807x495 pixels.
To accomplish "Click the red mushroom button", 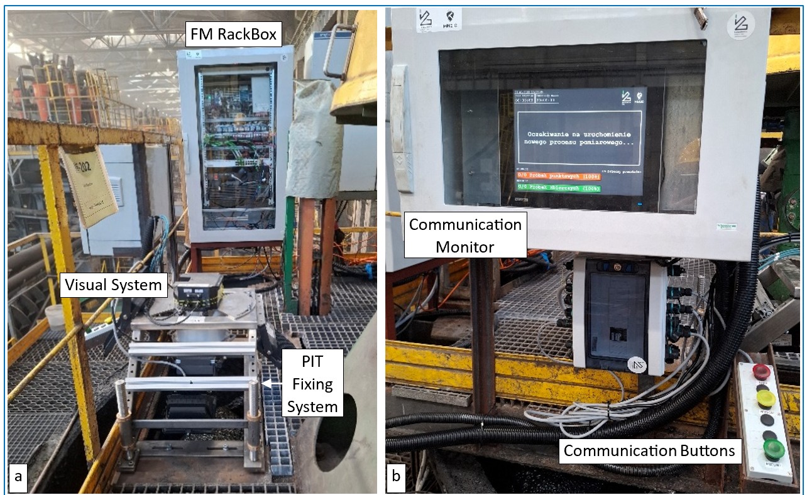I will click(761, 371).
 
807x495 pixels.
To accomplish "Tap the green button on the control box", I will click(772, 449).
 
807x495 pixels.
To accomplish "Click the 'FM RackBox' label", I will click(234, 34).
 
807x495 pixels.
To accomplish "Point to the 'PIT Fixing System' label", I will click(312, 383).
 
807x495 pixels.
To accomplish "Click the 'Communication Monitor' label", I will click(465, 236).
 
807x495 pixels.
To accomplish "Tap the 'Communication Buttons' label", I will click(649, 450).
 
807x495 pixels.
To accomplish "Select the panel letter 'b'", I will click(396, 476).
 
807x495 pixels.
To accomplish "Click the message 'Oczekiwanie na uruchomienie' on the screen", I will click(578, 134).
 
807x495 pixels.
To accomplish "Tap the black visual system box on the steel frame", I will click(198, 290).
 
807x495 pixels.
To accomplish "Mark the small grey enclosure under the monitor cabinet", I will click(620, 314).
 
